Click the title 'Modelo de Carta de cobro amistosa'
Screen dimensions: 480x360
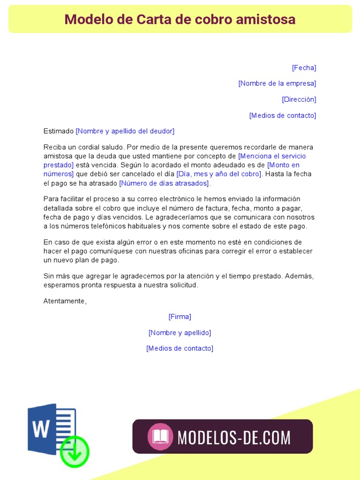[x=180, y=19]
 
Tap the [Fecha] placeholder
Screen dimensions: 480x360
[x=304, y=67]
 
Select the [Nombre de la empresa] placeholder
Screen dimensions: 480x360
[x=277, y=83]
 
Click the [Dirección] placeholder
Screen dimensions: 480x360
[x=299, y=99]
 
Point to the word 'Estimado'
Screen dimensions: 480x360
[x=58, y=131]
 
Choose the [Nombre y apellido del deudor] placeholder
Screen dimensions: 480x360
[x=125, y=131]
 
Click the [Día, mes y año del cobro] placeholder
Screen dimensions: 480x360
[x=219, y=174]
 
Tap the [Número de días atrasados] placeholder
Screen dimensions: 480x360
[x=164, y=183]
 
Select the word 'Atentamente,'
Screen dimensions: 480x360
[x=65, y=301]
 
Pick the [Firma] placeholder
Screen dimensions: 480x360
[x=180, y=317]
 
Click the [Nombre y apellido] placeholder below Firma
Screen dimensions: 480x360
[x=180, y=333]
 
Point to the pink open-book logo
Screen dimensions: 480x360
[x=160, y=437]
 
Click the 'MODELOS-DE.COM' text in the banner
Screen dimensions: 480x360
[x=234, y=437]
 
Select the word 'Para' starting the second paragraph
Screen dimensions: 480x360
[x=51, y=199]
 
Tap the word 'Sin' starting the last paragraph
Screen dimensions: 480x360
[x=49, y=276]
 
